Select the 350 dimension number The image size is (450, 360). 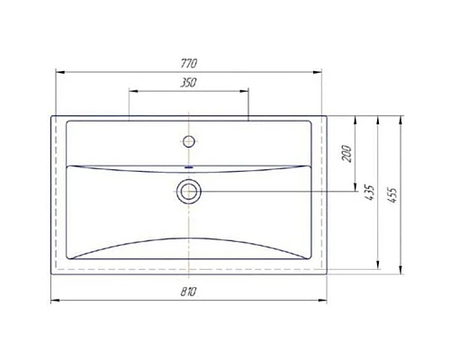click(188, 82)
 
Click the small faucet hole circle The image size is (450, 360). click(189, 140)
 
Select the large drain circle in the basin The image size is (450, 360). click(189, 190)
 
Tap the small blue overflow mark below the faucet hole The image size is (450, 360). click(189, 166)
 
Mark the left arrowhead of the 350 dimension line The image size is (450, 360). click(132, 90)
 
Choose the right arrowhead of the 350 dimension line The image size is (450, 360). click(245, 90)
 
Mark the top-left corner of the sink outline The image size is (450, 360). click(50, 116)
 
